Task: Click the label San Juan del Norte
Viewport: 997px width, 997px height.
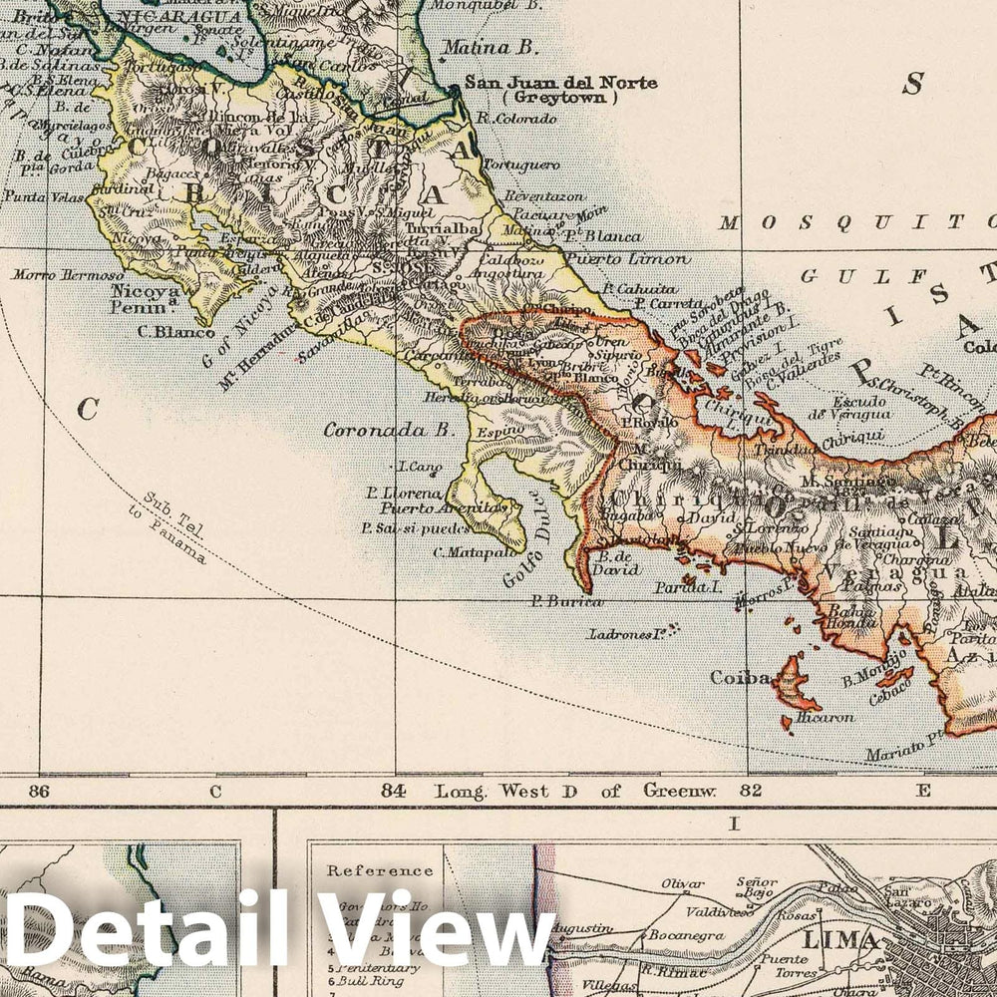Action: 560,82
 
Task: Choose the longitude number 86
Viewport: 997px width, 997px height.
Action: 40,792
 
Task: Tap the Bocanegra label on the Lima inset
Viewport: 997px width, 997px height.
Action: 682,935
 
